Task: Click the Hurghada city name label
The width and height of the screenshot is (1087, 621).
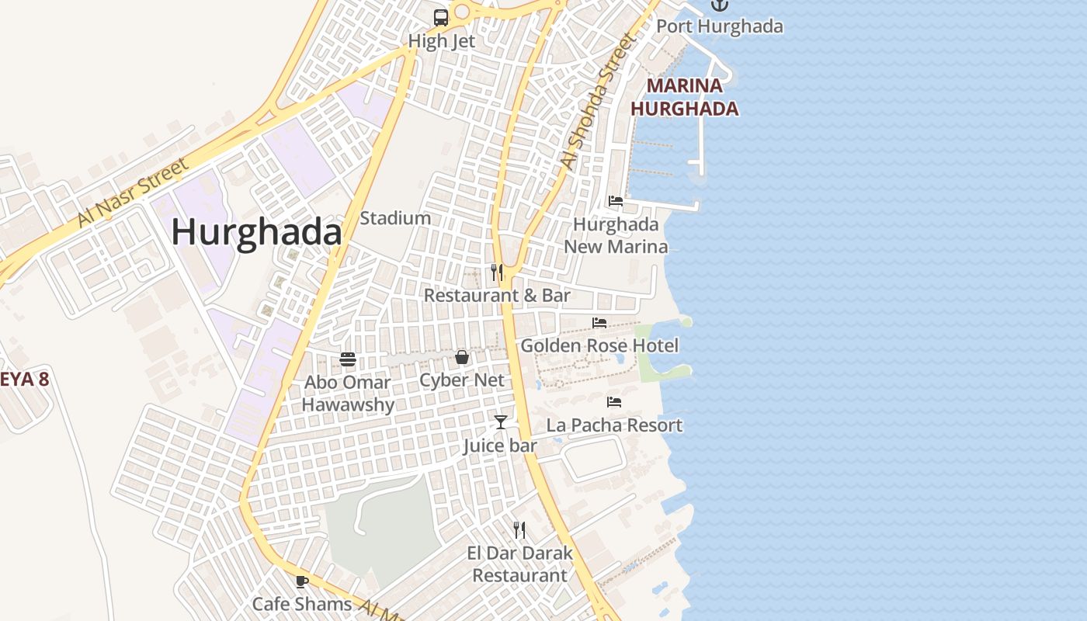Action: [x=256, y=232]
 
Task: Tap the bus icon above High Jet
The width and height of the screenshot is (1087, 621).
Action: [x=441, y=17]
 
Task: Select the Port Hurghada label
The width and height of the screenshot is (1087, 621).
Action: [x=720, y=26]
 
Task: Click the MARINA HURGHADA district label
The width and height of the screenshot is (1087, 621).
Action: [x=684, y=97]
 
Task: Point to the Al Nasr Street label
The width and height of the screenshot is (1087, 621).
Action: [x=133, y=193]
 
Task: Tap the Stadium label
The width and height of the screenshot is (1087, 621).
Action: [x=395, y=218]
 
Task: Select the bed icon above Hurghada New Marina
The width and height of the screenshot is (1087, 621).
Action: [x=616, y=201]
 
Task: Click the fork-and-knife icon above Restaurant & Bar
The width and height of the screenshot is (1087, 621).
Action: [x=497, y=272]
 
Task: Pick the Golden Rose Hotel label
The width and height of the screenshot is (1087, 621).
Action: [x=599, y=345]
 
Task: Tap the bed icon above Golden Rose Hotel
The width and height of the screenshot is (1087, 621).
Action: [x=599, y=322]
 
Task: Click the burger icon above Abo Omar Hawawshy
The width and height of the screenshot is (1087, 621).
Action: [x=348, y=359]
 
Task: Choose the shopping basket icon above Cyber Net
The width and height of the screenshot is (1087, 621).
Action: [x=462, y=357]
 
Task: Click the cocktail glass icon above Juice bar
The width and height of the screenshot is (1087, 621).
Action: [x=501, y=422]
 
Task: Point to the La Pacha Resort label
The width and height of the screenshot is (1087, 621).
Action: [x=614, y=425]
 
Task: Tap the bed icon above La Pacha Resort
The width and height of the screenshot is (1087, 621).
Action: [x=614, y=402]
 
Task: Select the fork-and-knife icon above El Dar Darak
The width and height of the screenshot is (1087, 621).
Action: [x=519, y=530]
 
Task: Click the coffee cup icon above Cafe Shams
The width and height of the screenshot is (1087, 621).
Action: [x=302, y=581]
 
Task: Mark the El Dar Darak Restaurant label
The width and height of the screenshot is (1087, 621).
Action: [x=519, y=564]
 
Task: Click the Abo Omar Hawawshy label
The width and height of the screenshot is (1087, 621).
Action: [x=348, y=394]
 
